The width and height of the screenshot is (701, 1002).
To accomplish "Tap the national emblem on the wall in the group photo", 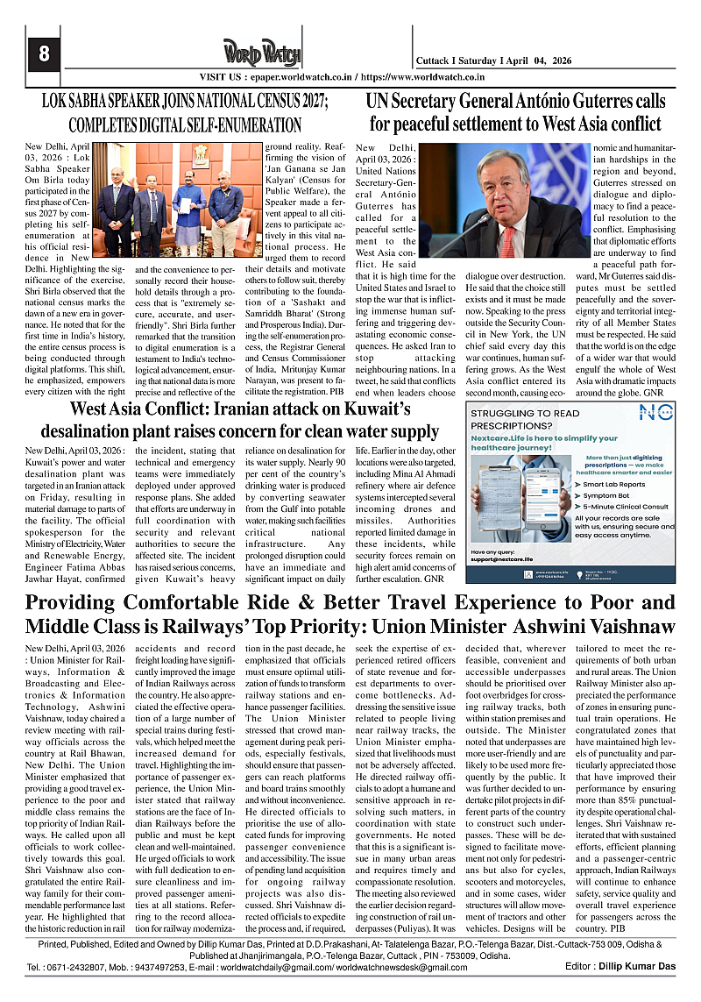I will pos(202,155).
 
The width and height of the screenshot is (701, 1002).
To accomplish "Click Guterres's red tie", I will pos(509,239).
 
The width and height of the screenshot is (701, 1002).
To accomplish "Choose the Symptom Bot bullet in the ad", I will pos(612,495).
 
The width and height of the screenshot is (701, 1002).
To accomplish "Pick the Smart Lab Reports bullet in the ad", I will pos(617,483).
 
